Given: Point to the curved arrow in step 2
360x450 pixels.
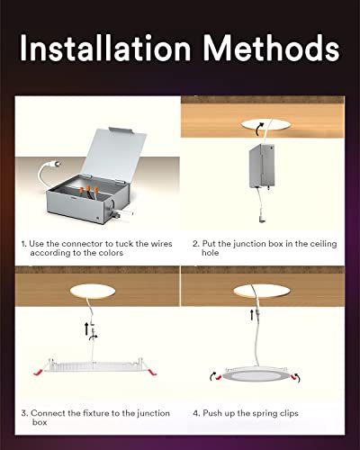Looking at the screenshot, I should click(x=262, y=130).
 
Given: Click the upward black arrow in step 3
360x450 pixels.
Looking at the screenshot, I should click(x=86, y=329).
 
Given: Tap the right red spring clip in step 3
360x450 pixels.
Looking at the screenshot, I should click(x=162, y=370).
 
